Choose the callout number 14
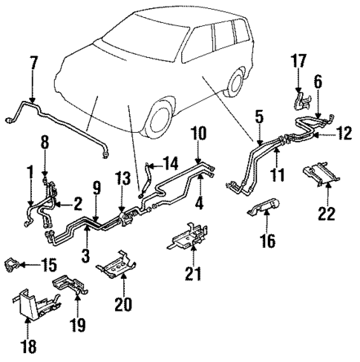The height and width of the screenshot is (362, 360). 171,162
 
